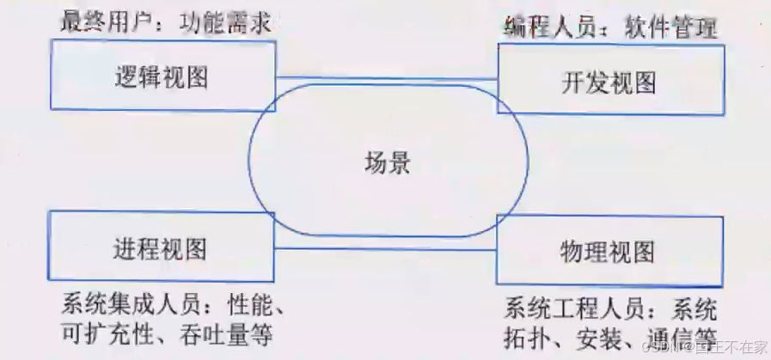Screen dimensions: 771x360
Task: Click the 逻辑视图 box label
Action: click(x=161, y=79)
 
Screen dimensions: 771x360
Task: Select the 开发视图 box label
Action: click(x=609, y=82)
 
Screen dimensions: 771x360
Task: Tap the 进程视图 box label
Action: click(x=160, y=249)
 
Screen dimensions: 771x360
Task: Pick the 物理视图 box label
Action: click(x=607, y=252)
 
